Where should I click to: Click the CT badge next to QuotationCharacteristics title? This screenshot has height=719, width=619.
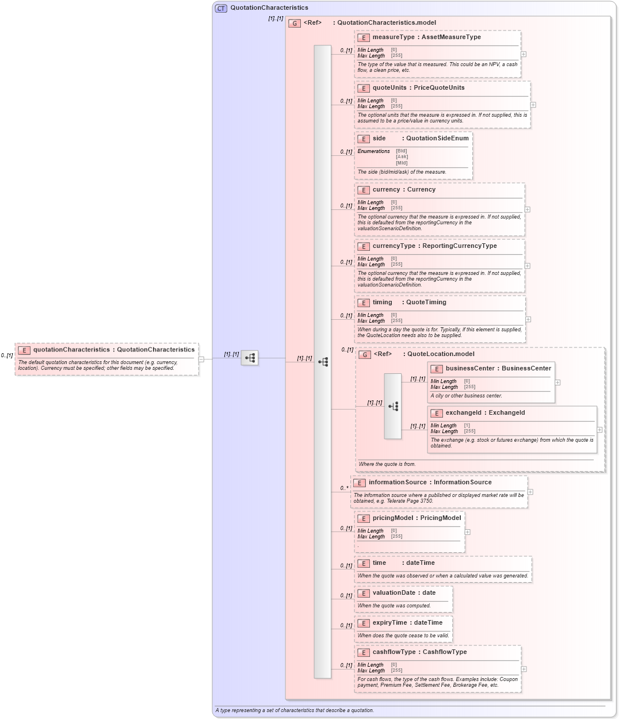click(x=221, y=8)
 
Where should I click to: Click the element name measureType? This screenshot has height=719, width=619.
click(x=393, y=37)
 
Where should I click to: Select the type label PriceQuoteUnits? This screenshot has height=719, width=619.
click(x=439, y=88)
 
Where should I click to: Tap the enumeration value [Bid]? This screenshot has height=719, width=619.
click(x=401, y=151)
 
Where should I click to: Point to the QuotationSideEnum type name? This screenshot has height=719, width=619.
click(x=437, y=139)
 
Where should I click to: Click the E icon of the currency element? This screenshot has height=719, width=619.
click(x=363, y=190)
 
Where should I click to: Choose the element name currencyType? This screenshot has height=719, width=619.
click(x=394, y=246)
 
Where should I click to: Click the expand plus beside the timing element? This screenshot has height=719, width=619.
click(x=528, y=319)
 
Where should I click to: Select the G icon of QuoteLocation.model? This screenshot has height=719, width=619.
click(x=365, y=354)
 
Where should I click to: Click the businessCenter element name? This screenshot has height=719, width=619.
click(x=470, y=369)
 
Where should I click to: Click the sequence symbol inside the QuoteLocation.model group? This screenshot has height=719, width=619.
click(x=393, y=406)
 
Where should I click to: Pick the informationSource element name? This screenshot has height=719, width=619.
click(x=398, y=483)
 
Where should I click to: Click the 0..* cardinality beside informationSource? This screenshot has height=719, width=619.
click(x=344, y=488)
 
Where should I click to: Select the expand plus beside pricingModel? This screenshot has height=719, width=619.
click(x=467, y=532)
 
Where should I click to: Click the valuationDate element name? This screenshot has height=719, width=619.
click(x=396, y=593)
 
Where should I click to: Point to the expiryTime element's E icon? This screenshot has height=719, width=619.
click(x=363, y=623)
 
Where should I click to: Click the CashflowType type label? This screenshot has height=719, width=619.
click(x=445, y=652)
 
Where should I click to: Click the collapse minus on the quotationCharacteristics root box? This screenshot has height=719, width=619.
click(x=201, y=359)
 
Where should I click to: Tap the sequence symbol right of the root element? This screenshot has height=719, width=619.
click(x=250, y=358)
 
